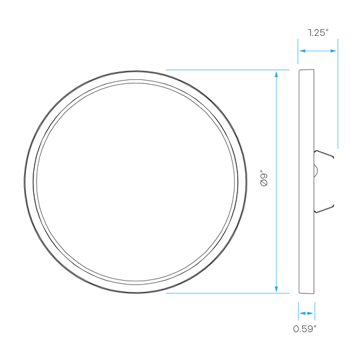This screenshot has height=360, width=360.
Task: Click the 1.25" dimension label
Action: [318, 33]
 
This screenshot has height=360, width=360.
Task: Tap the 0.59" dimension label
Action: [305, 329]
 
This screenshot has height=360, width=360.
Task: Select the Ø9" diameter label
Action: [264, 178]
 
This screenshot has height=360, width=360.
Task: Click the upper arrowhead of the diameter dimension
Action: [276, 74]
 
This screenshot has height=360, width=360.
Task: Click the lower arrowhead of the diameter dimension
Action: [276, 289]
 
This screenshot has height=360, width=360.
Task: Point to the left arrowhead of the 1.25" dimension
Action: [303, 51]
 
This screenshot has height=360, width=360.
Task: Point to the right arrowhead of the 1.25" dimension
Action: [333, 51]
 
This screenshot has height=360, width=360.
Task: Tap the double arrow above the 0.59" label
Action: [307, 313]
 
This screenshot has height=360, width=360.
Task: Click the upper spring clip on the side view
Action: [324, 154]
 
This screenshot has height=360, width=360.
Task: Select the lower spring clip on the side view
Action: [324, 209]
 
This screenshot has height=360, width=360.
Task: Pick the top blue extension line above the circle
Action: [227, 69]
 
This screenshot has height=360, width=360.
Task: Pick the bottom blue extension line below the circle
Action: [227, 293]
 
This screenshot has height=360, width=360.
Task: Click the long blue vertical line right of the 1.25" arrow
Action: [338, 93]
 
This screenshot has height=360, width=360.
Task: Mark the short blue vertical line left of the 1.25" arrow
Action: [298, 51]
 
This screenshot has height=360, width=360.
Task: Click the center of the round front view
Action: [136, 182]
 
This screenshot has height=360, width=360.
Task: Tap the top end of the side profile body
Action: [307, 70]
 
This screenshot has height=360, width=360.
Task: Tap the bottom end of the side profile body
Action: [307, 293]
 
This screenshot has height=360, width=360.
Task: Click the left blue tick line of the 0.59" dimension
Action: [298, 311]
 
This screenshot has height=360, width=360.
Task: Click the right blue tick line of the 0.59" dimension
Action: [315, 311]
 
